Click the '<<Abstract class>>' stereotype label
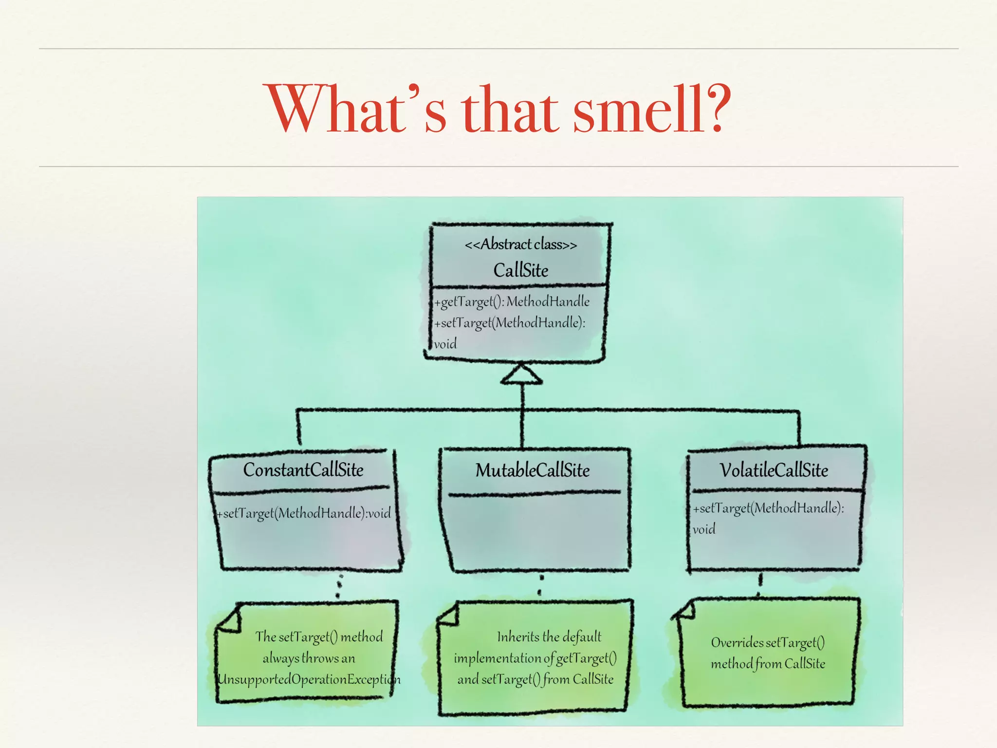click(520, 244)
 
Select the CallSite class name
click(520, 270)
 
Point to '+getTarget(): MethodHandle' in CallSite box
click(512, 302)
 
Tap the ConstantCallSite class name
click(303, 470)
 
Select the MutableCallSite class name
click(532, 470)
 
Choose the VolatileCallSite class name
click(774, 470)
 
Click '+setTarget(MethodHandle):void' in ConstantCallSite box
click(304, 513)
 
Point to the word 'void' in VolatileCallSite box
click(704, 529)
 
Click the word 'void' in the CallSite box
click(445, 344)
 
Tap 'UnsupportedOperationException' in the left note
click(308, 679)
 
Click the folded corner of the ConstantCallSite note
click(230, 619)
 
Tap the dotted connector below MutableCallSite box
click(540, 585)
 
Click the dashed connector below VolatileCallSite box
click(759, 584)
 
